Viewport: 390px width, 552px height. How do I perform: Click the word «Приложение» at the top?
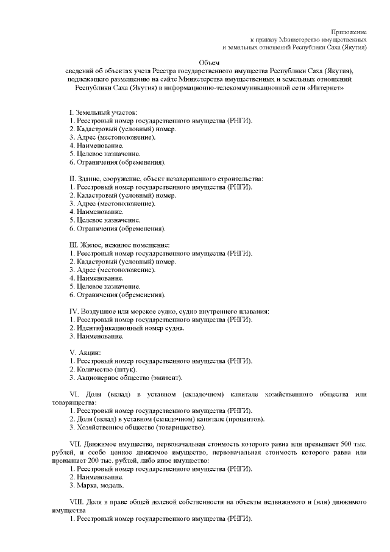(x=349, y=31)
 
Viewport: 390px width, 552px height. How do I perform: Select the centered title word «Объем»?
(x=209, y=63)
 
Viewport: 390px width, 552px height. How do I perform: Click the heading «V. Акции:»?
(x=85, y=353)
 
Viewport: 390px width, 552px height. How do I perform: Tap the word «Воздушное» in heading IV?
(x=98, y=311)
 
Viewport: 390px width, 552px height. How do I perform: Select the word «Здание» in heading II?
(x=90, y=179)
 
